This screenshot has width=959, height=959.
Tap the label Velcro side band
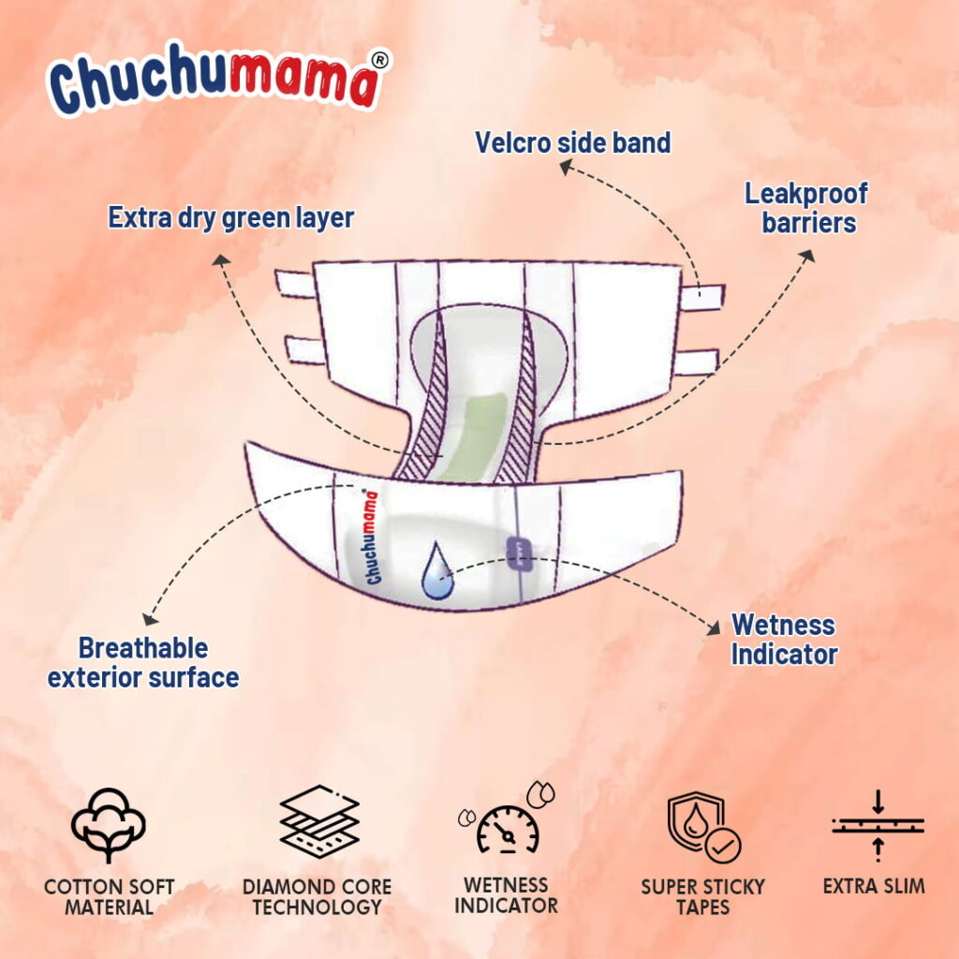coord(572,142)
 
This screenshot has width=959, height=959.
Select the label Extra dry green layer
coord(230,218)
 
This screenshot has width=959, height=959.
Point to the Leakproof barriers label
coord(805,208)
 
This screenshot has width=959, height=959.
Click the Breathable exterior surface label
coord(143,662)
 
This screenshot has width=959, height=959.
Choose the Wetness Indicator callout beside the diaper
coord(784,639)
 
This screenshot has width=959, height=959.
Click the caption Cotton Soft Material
coord(109,896)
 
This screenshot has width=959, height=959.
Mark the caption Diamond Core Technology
coord(317,896)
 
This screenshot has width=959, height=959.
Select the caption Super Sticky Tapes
coord(702,896)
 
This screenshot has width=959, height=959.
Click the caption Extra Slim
coord(874,885)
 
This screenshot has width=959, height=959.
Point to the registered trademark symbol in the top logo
coord(380,58)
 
